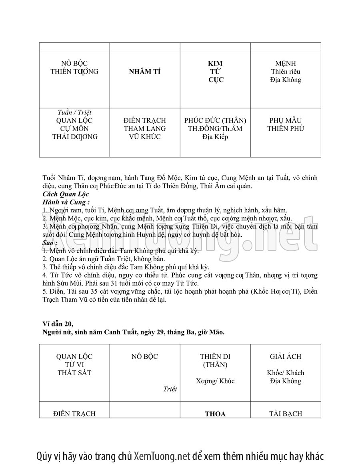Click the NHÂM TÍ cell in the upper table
pos(144,72)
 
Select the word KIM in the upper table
pos(215,64)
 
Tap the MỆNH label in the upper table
pos(286,64)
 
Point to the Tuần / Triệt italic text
pos(74,113)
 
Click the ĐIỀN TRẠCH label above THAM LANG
pos(144,121)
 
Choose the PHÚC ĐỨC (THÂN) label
pos(215,121)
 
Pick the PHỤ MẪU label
pos(286,121)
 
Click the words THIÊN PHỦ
pos(286,129)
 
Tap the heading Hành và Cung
pos(65,202)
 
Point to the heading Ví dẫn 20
pos(58,323)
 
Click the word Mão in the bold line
pos(216,332)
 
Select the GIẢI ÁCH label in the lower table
pos(286,356)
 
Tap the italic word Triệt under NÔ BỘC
pos(170,389)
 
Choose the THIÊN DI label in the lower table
pos(215,356)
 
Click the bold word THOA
pos(215,414)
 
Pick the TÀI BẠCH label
pos(286,414)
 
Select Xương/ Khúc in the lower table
pos(215,381)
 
